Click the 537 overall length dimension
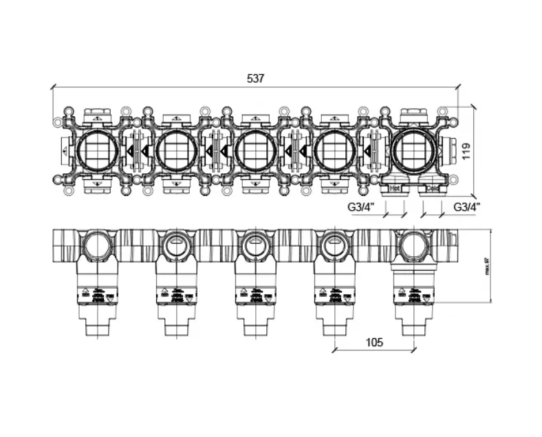[x=255, y=78]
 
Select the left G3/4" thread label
[x=359, y=206]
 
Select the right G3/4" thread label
[x=466, y=206]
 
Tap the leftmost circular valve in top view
[x=96, y=150]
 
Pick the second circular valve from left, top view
[x=176, y=150]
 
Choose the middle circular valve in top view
[x=255, y=150]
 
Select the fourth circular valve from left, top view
[x=334, y=150]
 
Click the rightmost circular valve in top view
[x=413, y=150]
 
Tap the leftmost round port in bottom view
[x=96, y=246]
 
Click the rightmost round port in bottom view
[x=413, y=246]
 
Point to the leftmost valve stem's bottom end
[x=96, y=334]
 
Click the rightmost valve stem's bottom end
[x=413, y=334]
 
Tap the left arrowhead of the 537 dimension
[x=54, y=87]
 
